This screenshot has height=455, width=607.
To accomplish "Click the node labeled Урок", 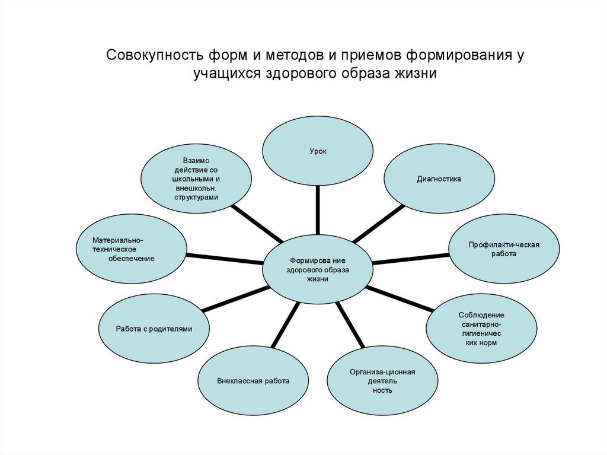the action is coord(318,151).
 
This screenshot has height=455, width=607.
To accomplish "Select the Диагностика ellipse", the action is coord(439,179).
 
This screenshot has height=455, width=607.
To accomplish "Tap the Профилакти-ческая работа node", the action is coord(504,249).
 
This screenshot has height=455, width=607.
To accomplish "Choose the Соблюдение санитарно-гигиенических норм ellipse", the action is coord(481,328).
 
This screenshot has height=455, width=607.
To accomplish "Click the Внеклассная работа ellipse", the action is coord(253,380).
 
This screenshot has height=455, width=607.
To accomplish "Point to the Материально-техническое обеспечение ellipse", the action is coord(132,249).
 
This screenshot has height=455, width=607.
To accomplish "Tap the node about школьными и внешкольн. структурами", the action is coord(196,179).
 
